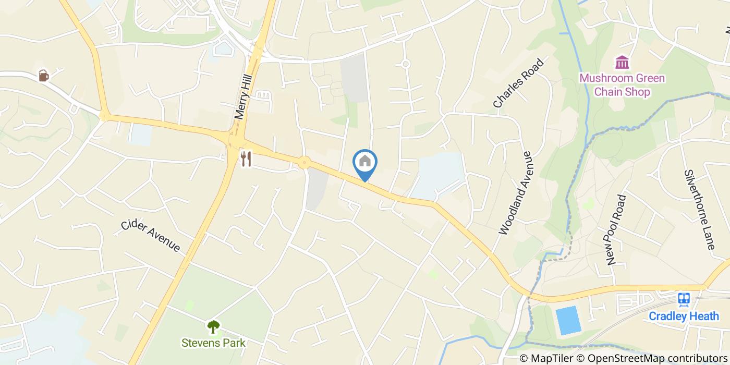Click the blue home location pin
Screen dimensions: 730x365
[x=365, y=163]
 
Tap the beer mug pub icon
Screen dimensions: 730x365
[x=44, y=76]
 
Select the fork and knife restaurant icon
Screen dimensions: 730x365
[x=246, y=159]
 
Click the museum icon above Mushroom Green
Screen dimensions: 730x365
[x=622, y=63]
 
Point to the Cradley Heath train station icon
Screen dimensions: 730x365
[x=684, y=299]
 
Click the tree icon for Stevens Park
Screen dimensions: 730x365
[x=213, y=327]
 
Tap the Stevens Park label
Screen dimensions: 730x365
[x=213, y=343]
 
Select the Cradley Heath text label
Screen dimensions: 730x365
[x=684, y=316]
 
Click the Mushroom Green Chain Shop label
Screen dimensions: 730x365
[x=622, y=86]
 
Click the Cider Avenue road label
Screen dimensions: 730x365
[x=151, y=236]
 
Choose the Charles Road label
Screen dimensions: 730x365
[x=518, y=83]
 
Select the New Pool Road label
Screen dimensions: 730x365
[x=616, y=229]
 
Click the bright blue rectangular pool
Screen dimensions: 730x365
[x=568, y=320]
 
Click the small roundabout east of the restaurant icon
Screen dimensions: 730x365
[x=304, y=163]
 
